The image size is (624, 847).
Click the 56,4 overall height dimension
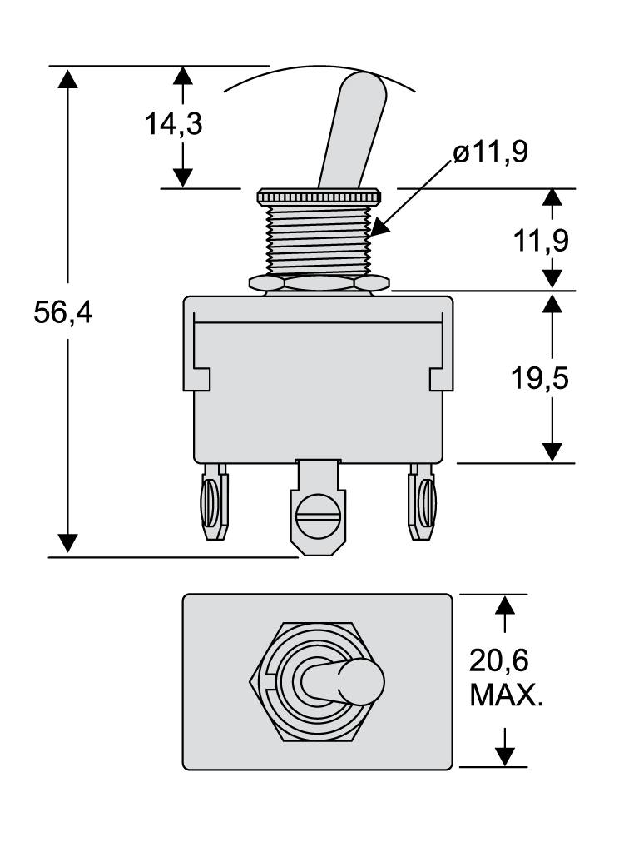(62, 314)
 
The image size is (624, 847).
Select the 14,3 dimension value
(173, 125)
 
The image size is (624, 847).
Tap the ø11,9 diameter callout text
(491, 152)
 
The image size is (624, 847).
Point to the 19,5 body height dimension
(539, 378)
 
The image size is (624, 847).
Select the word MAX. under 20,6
(506, 695)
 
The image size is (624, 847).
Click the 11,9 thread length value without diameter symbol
(539, 241)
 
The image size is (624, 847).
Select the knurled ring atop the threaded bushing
(319, 196)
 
